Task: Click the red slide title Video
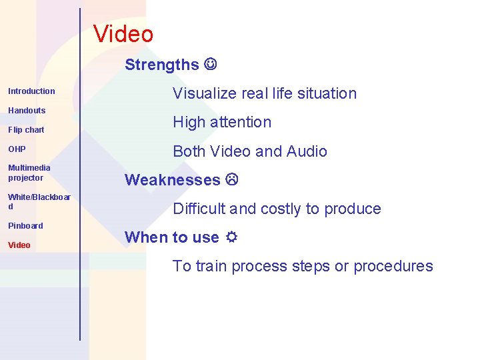pyautogui.click(x=123, y=34)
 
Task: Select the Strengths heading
pyautogui.click(x=162, y=65)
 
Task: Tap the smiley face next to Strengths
pyautogui.click(x=211, y=65)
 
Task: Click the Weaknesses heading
pyautogui.click(x=172, y=180)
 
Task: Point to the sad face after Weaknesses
pyautogui.click(x=231, y=180)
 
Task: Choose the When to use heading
pyautogui.click(x=171, y=237)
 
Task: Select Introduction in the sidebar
pyautogui.click(x=31, y=91)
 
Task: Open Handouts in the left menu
pyautogui.click(x=27, y=111)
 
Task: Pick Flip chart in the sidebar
pyautogui.click(x=26, y=130)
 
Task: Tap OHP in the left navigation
pyautogui.click(x=17, y=149)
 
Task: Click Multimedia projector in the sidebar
pyautogui.click(x=29, y=173)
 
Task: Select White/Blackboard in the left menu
pyautogui.click(x=39, y=202)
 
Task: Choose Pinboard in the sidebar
pyautogui.click(x=25, y=226)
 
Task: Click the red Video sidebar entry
pyautogui.click(x=19, y=245)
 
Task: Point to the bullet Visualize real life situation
pyautogui.click(x=265, y=93)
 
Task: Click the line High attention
pyautogui.click(x=222, y=122)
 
